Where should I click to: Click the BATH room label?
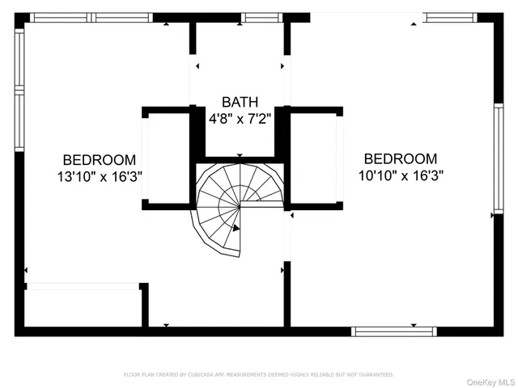click(x=240, y=103)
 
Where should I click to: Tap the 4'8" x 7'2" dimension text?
click(x=240, y=118)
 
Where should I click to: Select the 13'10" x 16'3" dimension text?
click(x=100, y=175)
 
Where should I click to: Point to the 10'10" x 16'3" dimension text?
click(x=401, y=174)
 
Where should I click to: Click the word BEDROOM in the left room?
click(x=100, y=160)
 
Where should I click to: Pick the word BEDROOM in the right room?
click(x=401, y=159)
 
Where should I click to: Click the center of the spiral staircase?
click(x=240, y=205)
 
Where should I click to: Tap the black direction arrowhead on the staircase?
click(x=236, y=229)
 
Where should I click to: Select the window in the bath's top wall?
click(x=262, y=17)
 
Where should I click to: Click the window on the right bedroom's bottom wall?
click(x=394, y=331)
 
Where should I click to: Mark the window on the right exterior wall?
click(x=499, y=158)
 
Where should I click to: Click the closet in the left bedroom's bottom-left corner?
click(x=83, y=307)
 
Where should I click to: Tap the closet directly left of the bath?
click(x=168, y=158)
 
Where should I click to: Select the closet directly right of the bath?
click(x=314, y=158)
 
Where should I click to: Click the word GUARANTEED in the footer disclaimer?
click(x=376, y=375)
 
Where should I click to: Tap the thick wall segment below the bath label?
click(x=240, y=159)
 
